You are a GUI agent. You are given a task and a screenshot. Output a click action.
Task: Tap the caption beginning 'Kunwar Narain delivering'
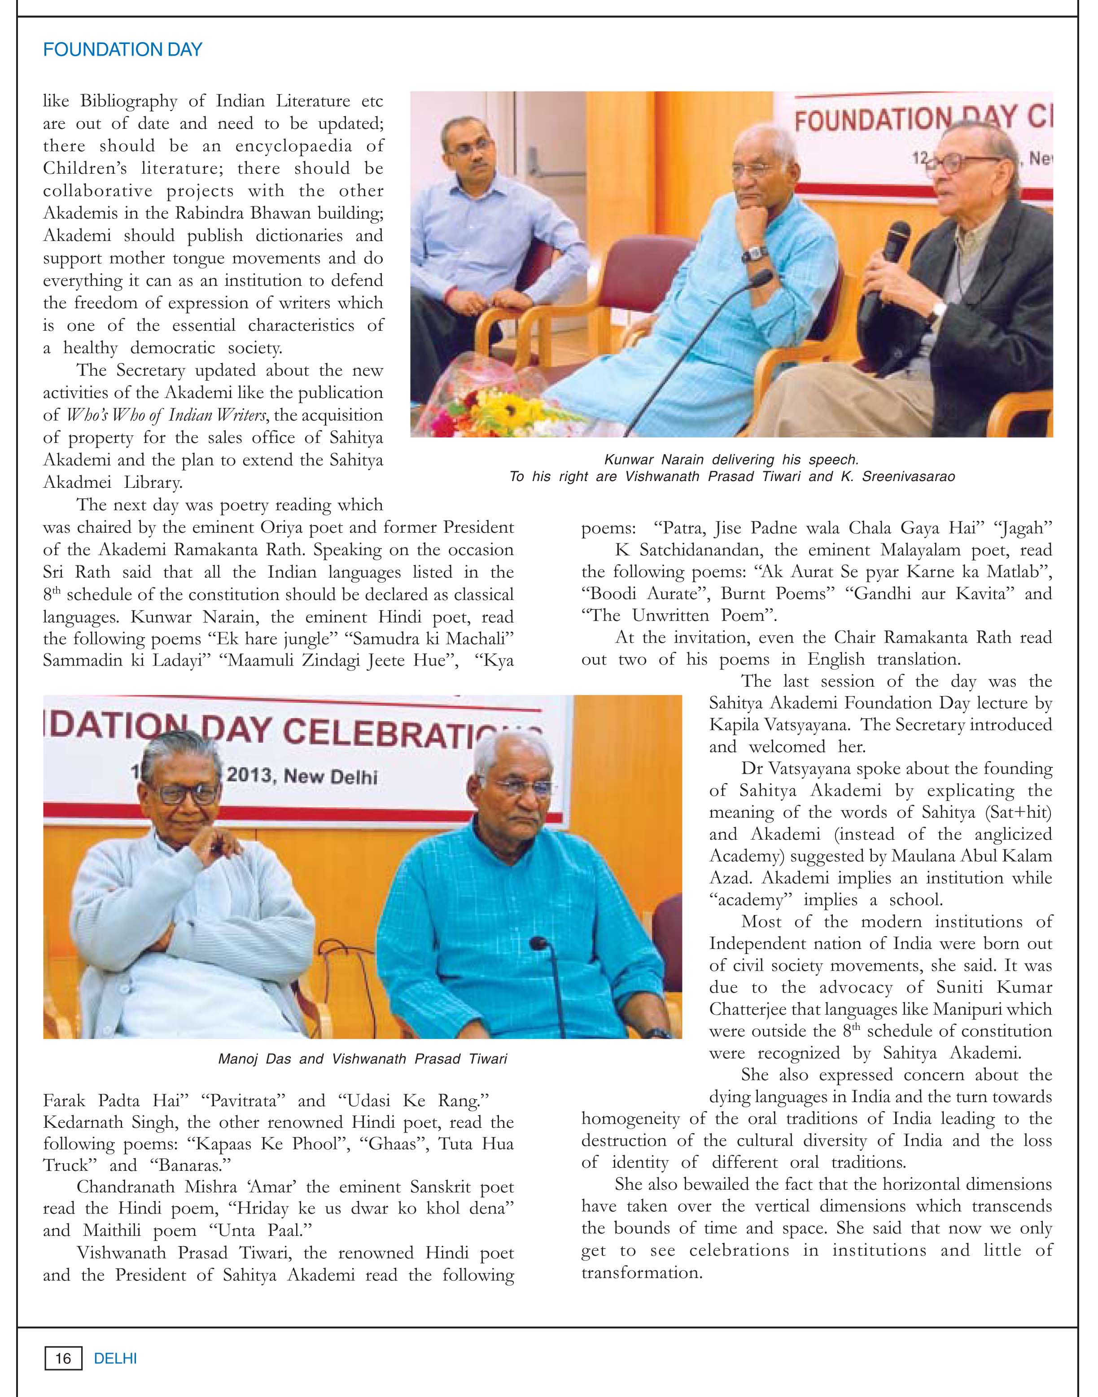click(731, 460)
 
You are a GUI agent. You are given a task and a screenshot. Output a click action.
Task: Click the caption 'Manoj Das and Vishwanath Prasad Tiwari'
click(363, 1058)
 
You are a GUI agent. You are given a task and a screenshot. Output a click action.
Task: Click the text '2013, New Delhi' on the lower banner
click(302, 775)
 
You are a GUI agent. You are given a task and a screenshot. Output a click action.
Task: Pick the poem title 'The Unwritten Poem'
click(679, 615)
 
